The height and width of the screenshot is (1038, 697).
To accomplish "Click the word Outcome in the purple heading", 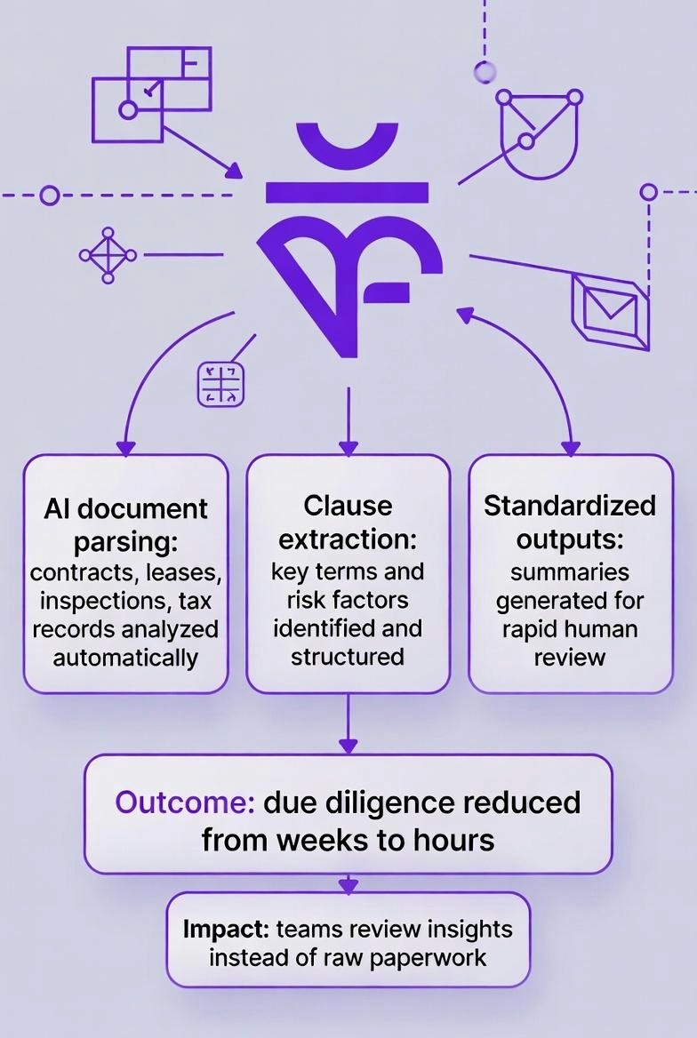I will point(185,802).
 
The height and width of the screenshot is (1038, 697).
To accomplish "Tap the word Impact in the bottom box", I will point(226,930).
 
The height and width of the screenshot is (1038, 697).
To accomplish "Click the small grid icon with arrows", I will point(220,384).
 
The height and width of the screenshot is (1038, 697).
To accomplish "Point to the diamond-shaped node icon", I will point(108,255).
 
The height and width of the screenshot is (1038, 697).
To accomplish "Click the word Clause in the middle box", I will point(348,506).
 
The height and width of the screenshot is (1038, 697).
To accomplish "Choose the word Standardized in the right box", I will point(570,506).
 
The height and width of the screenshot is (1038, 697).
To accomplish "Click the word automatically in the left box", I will point(125,658).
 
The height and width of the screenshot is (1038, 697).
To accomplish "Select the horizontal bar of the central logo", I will point(348,191).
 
